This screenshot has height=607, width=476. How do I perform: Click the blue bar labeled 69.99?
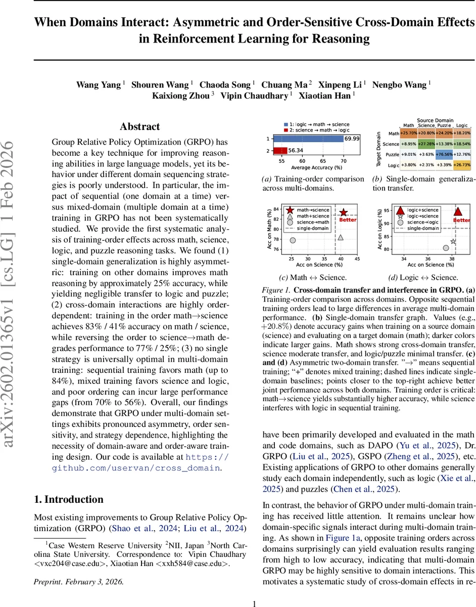click(x=308, y=138)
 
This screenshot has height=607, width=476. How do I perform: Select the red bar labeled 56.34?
click(x=279, y=150)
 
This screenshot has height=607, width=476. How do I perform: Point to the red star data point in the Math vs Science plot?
click(x=344, y=212)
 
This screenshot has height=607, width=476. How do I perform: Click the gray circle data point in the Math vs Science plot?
click(x=293, y=240)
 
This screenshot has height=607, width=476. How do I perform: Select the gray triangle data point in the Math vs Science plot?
click(x=341, y=237)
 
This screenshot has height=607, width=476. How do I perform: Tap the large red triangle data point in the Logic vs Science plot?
click(x=458, y=211)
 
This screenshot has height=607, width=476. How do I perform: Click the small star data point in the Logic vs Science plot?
click(x=453, y=242)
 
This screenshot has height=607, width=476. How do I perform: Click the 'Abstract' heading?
click(x=139, y=126)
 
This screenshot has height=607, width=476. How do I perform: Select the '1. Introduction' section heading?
click(x=68, y=499)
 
